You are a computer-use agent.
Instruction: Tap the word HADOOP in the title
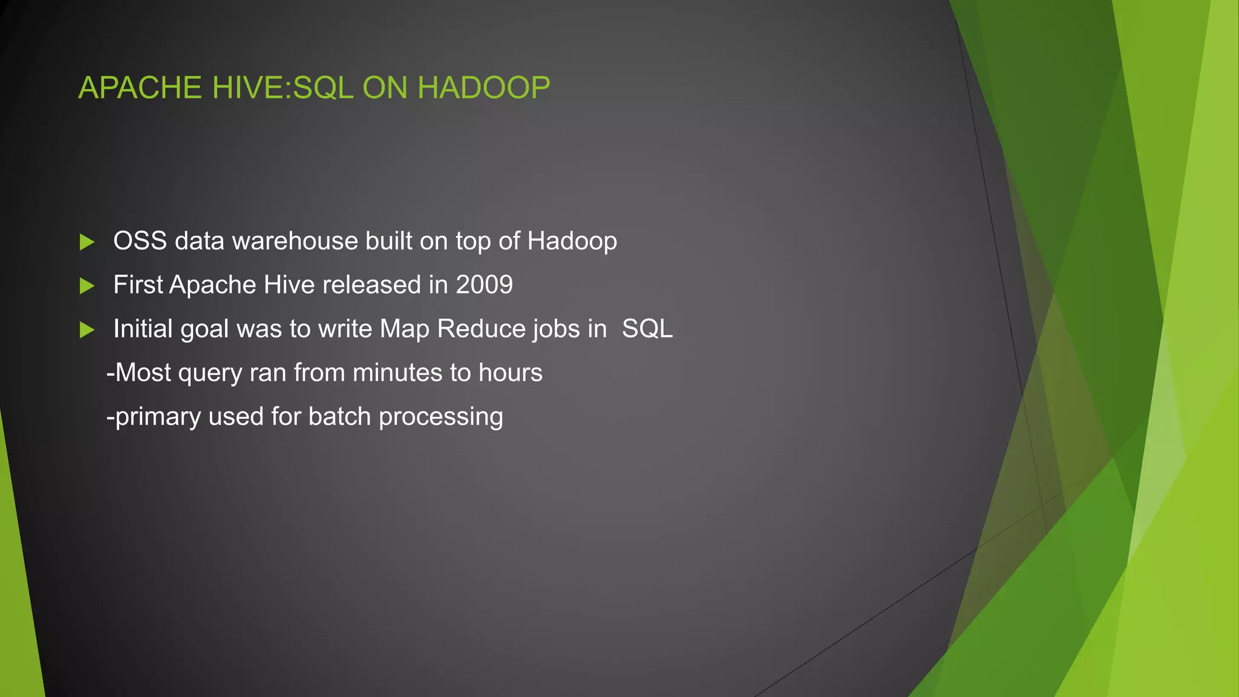(x=483, y=88)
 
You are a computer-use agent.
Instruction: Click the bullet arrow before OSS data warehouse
(x=87, y=242)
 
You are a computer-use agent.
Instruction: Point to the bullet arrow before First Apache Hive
(x=87, y=286)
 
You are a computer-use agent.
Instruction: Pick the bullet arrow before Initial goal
(x=87, y=330)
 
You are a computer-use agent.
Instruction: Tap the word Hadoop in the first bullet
(x=572, y=241)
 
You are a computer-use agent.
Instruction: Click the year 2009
(x=484, y=285)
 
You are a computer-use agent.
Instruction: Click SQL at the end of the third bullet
(x=647, y=329)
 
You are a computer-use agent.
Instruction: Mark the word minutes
(x=397, y=373)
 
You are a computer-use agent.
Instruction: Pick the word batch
(x=339, y=417)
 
